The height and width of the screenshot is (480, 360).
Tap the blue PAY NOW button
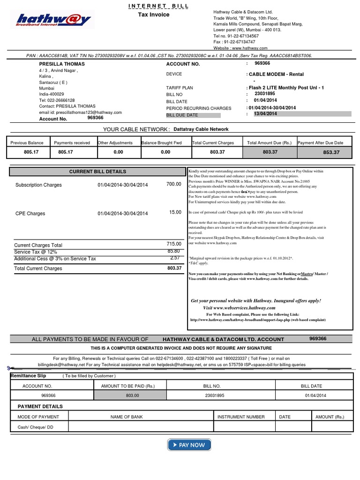(189, 445)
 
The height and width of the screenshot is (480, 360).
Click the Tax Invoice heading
(154, 15)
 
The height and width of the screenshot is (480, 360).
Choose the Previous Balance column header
(27, 142)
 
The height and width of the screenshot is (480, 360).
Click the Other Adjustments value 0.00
(118, 152)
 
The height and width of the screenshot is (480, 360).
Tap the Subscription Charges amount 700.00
(173, 184)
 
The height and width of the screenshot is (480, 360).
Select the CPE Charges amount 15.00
(175, 212)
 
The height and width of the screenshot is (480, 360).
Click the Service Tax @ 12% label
(36, 252)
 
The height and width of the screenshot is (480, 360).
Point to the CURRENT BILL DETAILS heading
(97, 172)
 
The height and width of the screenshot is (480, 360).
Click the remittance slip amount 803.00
(133, 396)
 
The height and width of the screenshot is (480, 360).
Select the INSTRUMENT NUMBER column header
(241, 417)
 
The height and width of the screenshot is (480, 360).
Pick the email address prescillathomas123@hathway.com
(80, 112)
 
